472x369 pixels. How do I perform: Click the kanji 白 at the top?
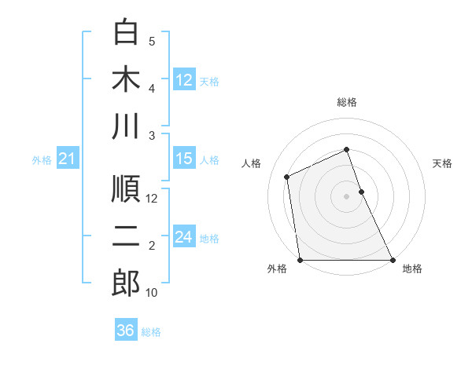126,32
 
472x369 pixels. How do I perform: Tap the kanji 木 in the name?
126,79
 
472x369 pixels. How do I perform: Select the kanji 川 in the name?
126,126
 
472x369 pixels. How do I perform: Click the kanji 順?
126,189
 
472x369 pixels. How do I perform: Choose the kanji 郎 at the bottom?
126,283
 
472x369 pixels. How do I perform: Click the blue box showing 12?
184,79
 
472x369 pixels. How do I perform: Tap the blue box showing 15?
184,159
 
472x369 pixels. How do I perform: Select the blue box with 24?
184,237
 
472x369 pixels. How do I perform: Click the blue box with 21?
67,159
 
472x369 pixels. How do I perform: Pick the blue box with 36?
125,331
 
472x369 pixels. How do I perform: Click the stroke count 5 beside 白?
152,42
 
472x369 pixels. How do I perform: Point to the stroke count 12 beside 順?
152,199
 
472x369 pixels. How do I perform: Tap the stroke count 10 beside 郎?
152,293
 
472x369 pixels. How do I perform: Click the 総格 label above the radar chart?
347,102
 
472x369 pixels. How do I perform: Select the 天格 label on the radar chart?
442,163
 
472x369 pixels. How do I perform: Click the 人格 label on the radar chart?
252,163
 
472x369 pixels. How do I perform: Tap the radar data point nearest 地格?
393,260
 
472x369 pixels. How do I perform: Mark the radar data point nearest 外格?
300,260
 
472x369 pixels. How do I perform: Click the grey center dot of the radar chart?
346,195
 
